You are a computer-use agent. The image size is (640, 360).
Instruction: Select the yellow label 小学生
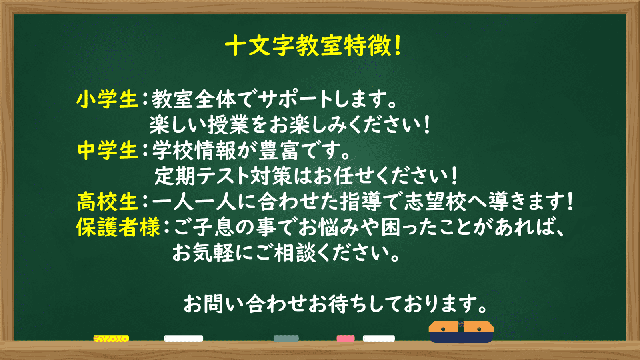(x=108, y=99)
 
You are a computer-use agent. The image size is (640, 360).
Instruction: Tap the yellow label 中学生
(x=108, y=150)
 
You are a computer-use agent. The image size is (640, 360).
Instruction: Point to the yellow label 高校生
(x=108, y=202)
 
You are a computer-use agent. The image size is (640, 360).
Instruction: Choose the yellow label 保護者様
(x=118, y=227)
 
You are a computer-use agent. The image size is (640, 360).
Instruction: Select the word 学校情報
(x=194, y=150)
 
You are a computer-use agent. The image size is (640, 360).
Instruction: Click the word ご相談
(x=286, y=253)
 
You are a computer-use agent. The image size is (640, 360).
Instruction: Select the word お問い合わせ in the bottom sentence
(x=245, y=304)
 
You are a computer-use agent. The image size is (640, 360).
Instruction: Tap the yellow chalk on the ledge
(x=111, y=338)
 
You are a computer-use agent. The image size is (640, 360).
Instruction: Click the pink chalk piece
(x=346, y=338)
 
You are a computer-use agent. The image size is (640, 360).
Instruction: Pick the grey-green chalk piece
(x=286, y=338)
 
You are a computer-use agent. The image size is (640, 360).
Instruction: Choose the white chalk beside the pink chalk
(x=379, y=338)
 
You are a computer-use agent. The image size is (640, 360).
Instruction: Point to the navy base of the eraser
(x=461, y=338)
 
